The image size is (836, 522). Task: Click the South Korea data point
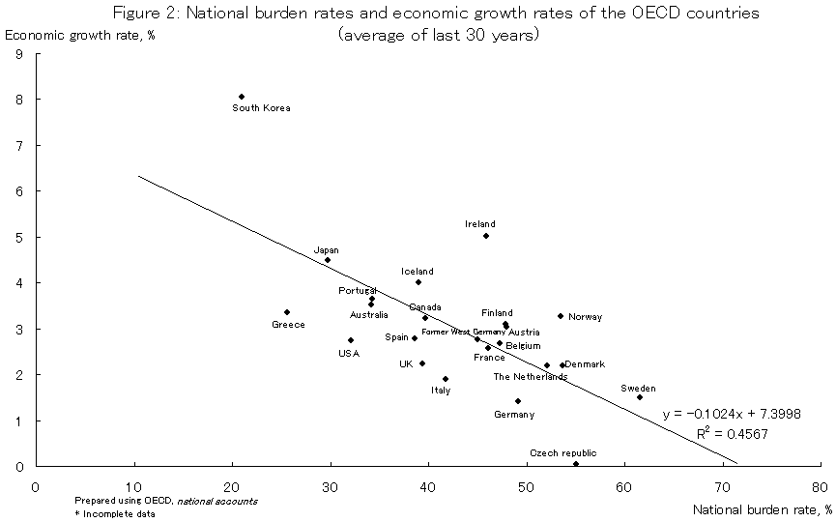[x=241, y=97]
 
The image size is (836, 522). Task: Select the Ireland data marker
[x=486, y=236]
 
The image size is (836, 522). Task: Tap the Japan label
[x=326, y=250]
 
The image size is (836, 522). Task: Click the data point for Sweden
[x=640, y=397]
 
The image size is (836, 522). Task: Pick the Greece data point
[x=287, y=312]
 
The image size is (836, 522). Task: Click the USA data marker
[x=351, y=340]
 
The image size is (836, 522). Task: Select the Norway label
[x=585, y=317]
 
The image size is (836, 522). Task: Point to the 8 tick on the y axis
[x=19, y=100]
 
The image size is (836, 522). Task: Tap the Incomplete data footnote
[x=109, y=513]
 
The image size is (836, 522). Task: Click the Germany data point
[x=518, y=401]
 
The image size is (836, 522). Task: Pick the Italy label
[x=440, y=391]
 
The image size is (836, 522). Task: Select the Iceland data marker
[x=418, y=282]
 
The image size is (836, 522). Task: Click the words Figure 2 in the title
[x=141, y=14]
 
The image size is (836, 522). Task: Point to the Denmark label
[x=585, y=364]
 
